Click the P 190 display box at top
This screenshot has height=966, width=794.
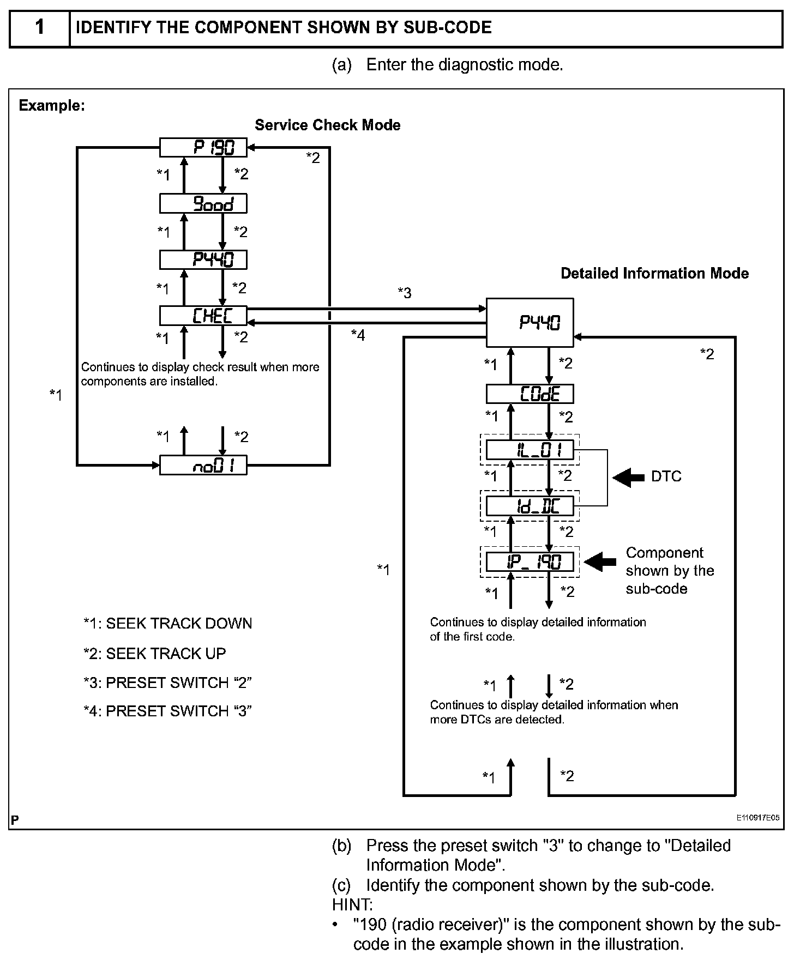pyautogui.click(x=203, y=147)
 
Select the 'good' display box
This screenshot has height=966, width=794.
pyautogui.click(x=203, y=204)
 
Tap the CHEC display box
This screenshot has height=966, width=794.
pyautogui.click(x=203, y=316)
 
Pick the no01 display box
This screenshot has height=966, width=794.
pyautogui.click(x=203, y=466)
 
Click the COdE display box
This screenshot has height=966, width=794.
pyautogui.click(x=530, y=394)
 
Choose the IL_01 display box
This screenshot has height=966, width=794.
pyautogui.click(x=530, y=450)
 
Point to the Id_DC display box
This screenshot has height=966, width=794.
pyautogui.click(x=530, y=506)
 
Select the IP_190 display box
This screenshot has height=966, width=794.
pyautogui.click(x=530, y=562)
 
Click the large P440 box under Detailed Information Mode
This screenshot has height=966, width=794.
pyautogui.click(x=530, y=322)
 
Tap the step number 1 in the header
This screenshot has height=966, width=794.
pyautogui.click(x=40, y=27)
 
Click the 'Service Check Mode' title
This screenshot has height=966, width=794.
pyautogui.click(x=327, y=125)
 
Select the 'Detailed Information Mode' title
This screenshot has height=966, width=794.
pyautogui.click(x=654, y=273)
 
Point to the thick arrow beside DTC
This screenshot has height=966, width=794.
pyautogui.click(x=628, y=478)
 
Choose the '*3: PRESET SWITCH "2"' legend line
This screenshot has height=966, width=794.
pyautogui.click(x=167, y=683)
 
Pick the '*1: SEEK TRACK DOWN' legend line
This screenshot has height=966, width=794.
pyautogui.click(x=167, y=624)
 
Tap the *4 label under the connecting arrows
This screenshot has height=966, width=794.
pyautogui.click(x=358, y=335)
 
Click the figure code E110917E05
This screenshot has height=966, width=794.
pyautogui.click(x=757, y=818)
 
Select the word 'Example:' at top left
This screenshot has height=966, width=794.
pyautogui.click(x=52, y=105)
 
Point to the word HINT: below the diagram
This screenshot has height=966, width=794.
pyautogui.click(x=352, y=905)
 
